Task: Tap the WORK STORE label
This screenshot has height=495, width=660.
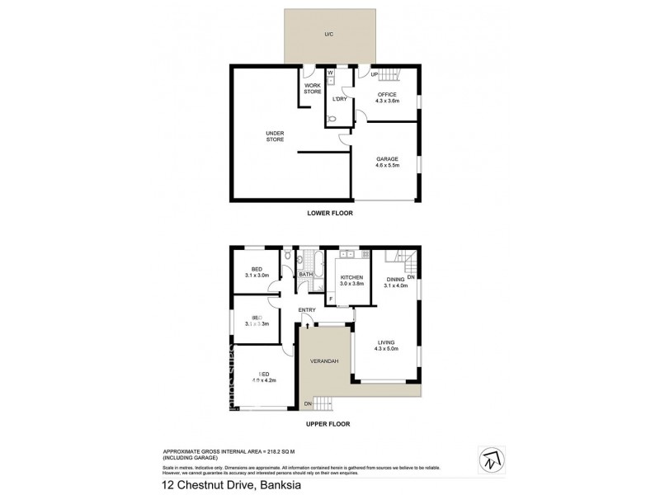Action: [x=313, y=88]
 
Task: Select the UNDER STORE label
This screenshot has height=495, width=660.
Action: [x=275, y=136]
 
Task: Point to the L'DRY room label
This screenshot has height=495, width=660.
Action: [x=338, y=99]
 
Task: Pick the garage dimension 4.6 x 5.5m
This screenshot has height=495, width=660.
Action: [x=386, y=166]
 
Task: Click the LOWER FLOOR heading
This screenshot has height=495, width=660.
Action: [x=330, y=213]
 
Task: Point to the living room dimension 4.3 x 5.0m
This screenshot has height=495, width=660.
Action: [x=386, y=349]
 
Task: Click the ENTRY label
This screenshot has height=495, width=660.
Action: [x=307, y=310]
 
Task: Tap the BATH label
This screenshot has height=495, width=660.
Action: [x=305, y=275]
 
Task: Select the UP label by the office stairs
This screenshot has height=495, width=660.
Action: [x=374, y=75]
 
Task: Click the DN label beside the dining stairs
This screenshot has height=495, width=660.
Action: [x=410, y=277]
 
